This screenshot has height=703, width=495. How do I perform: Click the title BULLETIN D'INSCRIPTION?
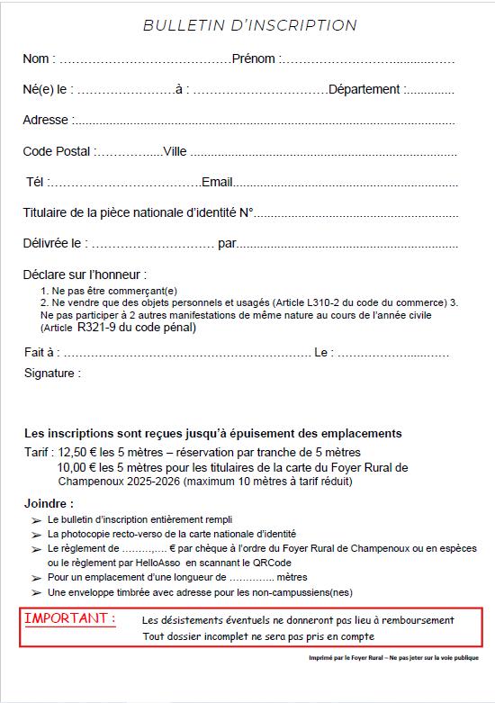(249, 26)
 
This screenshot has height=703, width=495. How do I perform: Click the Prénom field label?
(255, 59)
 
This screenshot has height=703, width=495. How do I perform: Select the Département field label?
(364, 89)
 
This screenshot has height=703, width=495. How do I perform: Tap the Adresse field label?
(45, 120)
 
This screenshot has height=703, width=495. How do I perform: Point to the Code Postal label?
(57, 151)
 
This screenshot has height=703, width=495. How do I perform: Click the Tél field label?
(36, 182)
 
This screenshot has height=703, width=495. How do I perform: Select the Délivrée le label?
(55, 243)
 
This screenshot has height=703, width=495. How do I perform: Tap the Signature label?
(52, 373)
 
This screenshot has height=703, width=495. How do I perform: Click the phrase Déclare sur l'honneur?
(85, 274)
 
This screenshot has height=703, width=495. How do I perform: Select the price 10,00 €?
(78, 467)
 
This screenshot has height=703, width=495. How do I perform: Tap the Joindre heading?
(49, 503)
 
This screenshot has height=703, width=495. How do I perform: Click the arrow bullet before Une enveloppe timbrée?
(35, 591)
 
